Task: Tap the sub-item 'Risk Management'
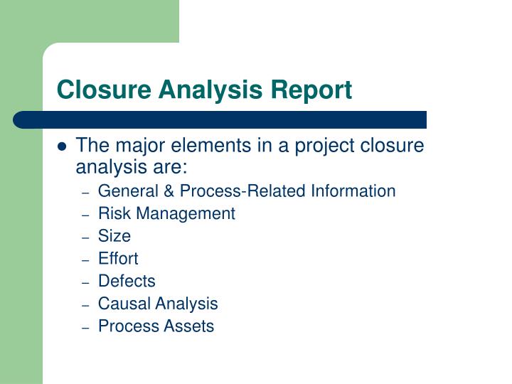[166, 213]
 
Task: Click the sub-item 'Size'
[114, 235]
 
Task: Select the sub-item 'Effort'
[118, 258]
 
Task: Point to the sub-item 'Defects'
[127, 281]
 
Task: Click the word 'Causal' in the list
[122, 304]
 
